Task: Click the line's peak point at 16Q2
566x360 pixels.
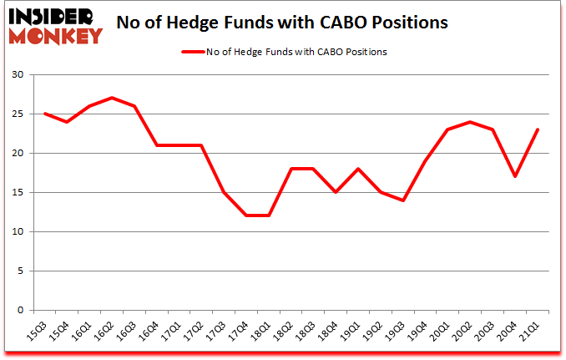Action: [x=112, y=98]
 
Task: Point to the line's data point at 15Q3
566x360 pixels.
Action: [x=44, y=114]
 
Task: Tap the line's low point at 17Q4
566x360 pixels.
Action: [x=247, y=215]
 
